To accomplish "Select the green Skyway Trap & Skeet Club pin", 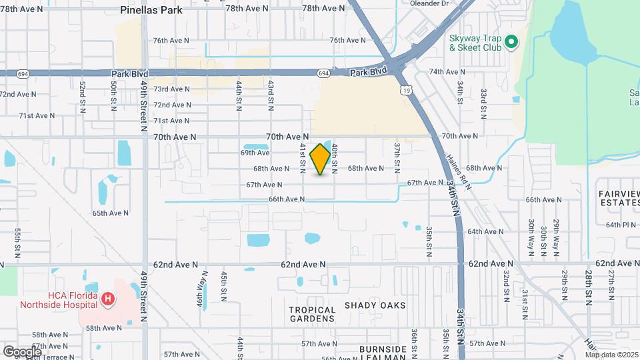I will coord(511,43).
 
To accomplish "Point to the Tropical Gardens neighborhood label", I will coord(312,315).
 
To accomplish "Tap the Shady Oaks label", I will coord(375,305).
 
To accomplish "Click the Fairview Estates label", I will coord(619,197).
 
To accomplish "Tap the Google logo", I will coord(22,351).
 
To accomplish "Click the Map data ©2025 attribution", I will coord(611,355).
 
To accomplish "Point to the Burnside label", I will coord(383,349).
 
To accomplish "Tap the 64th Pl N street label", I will coord(621,225).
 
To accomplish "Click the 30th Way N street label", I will coord(531,237).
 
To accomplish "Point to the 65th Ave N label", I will coord(110,213).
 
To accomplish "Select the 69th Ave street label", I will coord(255,153).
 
